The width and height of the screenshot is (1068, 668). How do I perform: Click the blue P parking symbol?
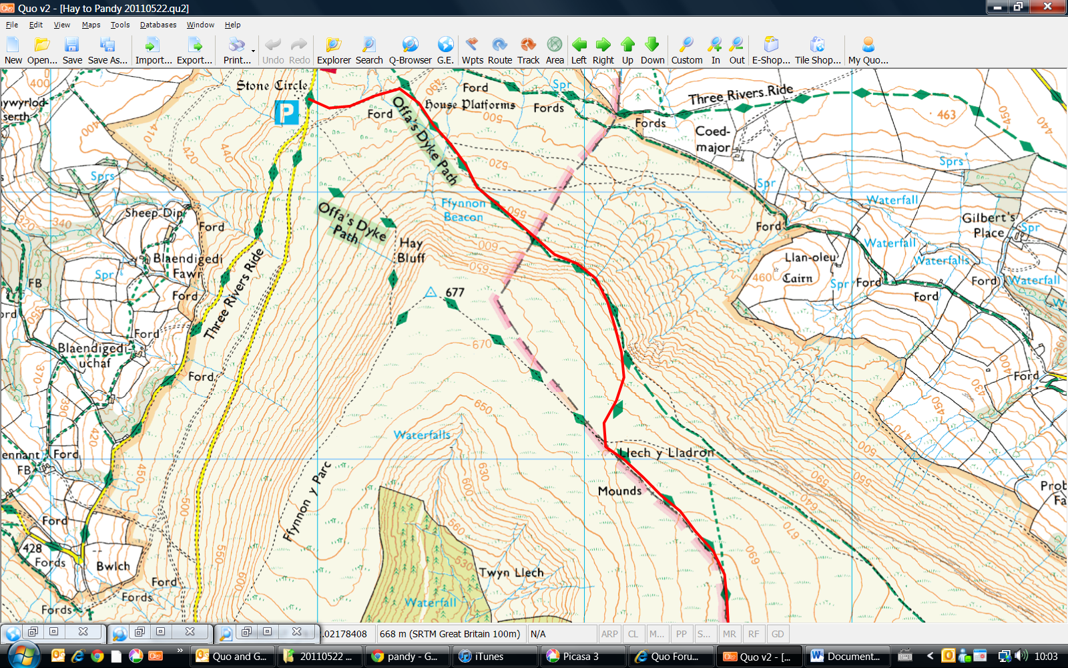(286, 112)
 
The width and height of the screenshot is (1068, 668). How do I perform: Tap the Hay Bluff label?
(411, 251)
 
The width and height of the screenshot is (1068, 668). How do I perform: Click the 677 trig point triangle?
(431, 293)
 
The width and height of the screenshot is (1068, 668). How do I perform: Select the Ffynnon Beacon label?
(463, 210)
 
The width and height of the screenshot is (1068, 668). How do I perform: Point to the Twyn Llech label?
(511, 572)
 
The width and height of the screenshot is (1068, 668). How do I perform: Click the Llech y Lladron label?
(665, 453)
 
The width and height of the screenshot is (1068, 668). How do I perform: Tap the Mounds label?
(619, 491)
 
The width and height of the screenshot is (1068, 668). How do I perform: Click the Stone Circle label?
(272, 86)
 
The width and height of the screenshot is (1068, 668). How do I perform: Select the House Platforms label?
(470, 104)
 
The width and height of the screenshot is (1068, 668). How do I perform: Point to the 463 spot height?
(946, 114)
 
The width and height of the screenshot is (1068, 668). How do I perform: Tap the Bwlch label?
(113, 566)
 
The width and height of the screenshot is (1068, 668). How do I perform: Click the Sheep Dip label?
(154, 212)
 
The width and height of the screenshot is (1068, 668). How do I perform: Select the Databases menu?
(158, 25)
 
